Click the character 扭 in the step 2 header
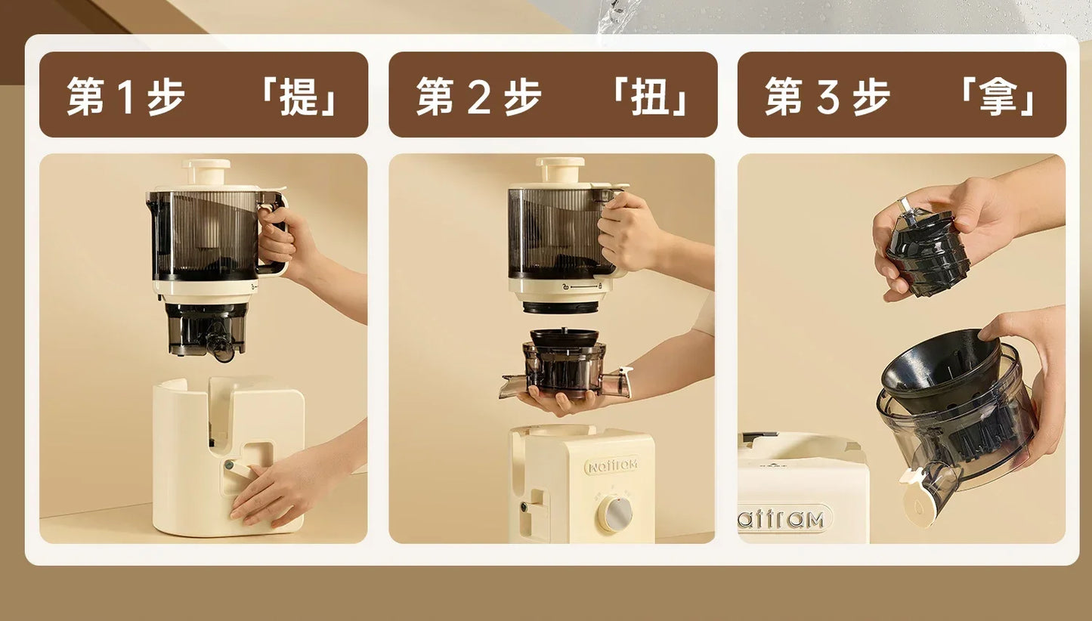[649, 97]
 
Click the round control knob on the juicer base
[615, 514]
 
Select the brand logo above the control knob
[611, 465]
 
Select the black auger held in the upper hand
[928, 253]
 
